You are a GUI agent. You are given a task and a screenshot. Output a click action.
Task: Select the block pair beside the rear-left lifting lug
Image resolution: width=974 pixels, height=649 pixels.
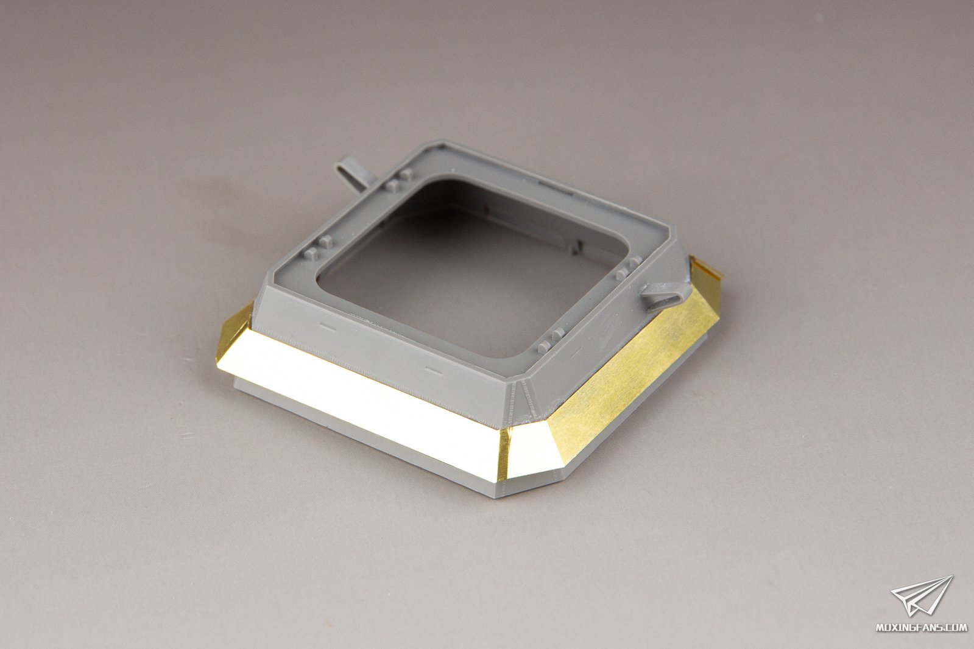pyautogui.click(x=399, y=180)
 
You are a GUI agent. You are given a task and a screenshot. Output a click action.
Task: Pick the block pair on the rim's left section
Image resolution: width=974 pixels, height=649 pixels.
pyautogui.click(x=319, y=248)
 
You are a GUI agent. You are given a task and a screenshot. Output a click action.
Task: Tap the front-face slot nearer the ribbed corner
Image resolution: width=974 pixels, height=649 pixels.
pyautogui.click(x=433, y=370)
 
